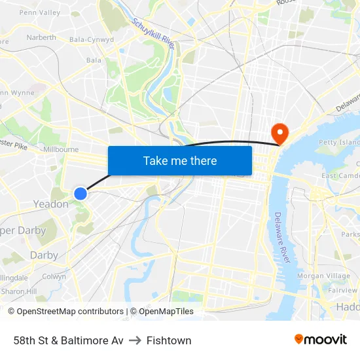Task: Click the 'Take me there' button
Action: click(180, 160)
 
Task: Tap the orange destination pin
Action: click(279, 133)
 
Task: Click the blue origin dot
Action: click(81, 193)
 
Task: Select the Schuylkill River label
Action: click(154, 33)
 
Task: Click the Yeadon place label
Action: click(50, 204)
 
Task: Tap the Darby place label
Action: click(44, 255)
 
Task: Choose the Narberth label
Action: click(41, 37)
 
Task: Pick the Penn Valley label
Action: click(39, 12)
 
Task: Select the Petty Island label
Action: click(338, 142)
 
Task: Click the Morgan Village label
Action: click(323, 276)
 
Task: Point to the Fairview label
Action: click(342, 290)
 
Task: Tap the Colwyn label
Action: click(54, 277)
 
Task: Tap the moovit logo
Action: click(321, 339)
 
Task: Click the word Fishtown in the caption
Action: click(169, 340)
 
